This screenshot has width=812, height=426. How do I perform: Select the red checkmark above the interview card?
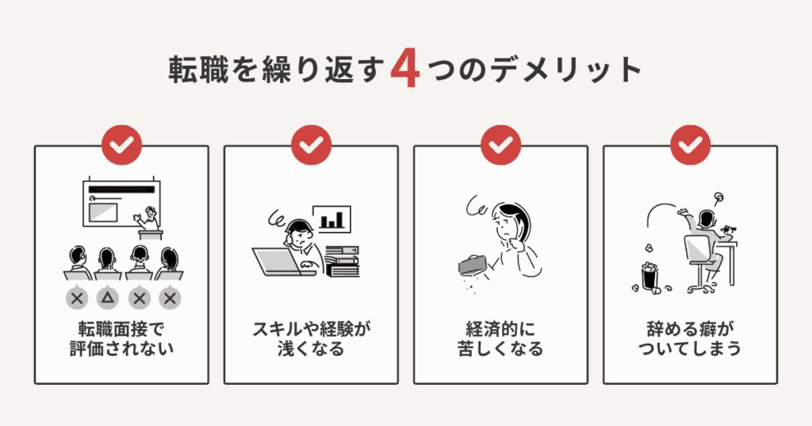tap(121, 145)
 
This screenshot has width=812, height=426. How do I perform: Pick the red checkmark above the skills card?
tap(311, 145)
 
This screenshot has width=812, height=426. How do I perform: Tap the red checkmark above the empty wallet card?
tap(500, 145)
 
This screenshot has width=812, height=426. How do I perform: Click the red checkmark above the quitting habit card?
tap(690, 145)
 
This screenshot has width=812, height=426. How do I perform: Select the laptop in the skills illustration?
tap(274, 261)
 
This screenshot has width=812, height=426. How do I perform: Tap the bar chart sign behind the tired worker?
tap(331, 219)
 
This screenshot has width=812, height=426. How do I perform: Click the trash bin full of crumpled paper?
tap(649, 276)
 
